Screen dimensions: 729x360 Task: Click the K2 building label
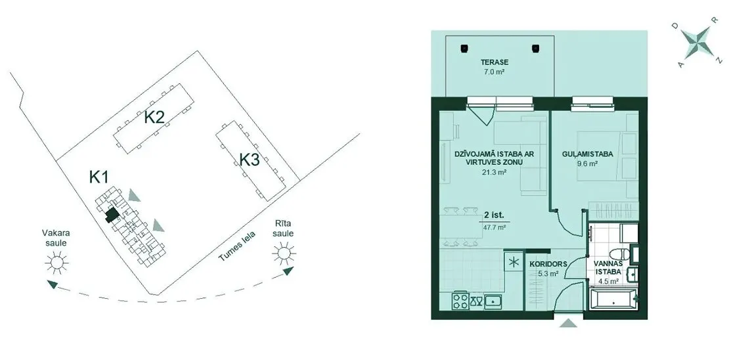pos(154,117)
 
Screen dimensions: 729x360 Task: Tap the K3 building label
pos(249,160)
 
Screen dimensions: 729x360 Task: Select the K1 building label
pos(99,177)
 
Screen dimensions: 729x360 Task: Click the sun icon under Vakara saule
pos(56,262)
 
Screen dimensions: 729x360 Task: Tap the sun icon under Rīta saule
pos(284,254)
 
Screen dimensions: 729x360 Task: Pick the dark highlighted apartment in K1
pos(112,215)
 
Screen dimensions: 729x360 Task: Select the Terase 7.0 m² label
pos(495,66)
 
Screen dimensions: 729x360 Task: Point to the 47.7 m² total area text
pos(495,228)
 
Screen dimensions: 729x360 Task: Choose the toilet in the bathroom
pos(619,255)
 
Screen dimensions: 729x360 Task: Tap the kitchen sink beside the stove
pos(493,302)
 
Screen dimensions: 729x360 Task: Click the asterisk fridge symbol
pos(512,261)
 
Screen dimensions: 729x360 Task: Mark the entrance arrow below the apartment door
pos(568,323)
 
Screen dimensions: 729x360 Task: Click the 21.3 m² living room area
pos(494,171)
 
